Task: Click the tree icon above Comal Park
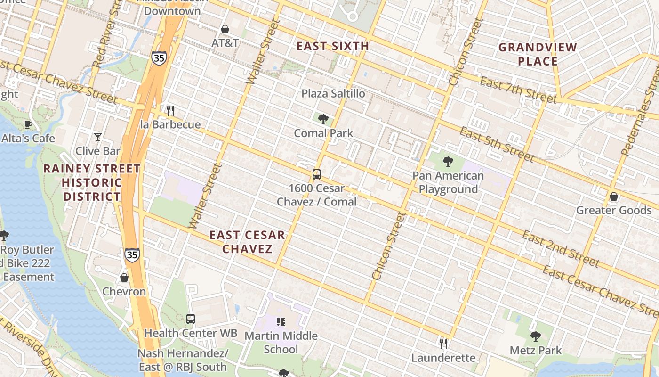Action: (x=323, y=119)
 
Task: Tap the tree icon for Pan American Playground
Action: (x=448, y=162)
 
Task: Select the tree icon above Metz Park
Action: (x=535, y=336)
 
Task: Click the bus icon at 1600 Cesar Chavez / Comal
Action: (x=317, y=174)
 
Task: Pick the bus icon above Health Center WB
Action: (x=190, y=319)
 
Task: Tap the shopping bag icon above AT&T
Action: (x=225, y=29)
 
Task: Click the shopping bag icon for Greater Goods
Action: (x=613, y=196)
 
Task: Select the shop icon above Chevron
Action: (x=124, y=277)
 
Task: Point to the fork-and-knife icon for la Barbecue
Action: (x=170, y=111)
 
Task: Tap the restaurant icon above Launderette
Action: (x=443, y=344)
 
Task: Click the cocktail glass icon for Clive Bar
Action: (x=97, y=137)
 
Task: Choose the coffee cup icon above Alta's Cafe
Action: (x=28, y=124)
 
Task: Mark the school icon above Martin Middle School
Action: (x=281, y=322)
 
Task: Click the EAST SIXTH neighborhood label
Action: (x=333, y=46)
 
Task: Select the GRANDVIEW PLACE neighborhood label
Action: (x=538, y=54)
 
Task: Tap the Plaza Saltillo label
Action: (x=333, y=93)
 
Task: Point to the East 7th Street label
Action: (x=518, y=89)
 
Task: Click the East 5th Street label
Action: (x=497, y=144)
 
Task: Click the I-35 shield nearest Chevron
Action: (x=132, y=254)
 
